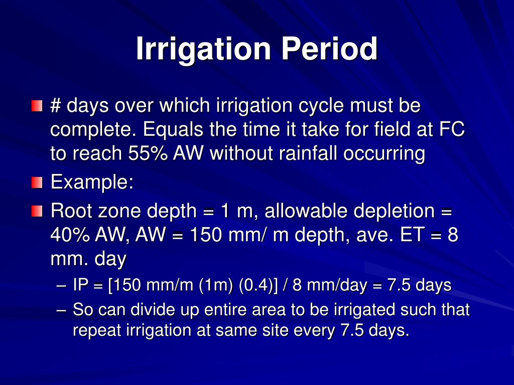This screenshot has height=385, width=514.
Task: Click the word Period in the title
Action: point(329,49)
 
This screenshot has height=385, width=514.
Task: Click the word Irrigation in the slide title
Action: point(204,50)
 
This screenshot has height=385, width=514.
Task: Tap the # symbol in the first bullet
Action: point(55,105)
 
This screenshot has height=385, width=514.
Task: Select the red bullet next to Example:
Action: point(37,182)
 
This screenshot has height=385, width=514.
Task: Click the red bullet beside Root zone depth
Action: point(37,211)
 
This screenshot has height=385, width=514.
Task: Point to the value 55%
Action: point(148,153)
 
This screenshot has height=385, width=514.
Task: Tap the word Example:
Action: point(92,182)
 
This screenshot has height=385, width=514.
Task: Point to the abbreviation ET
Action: point(413,235)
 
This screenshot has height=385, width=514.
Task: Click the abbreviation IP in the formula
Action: point(81,285)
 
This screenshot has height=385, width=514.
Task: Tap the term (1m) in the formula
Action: point(216,285)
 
